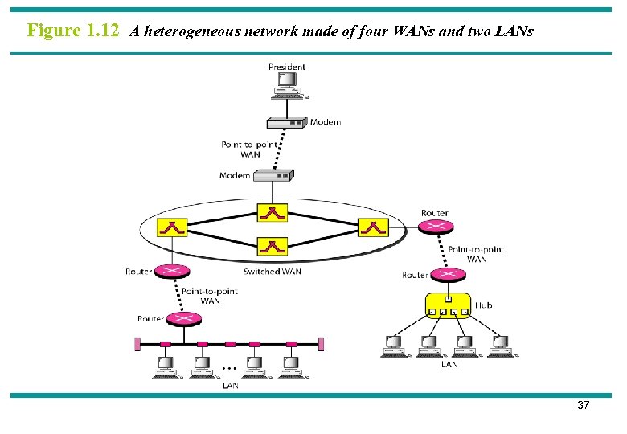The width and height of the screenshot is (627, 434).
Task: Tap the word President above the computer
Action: pos(287,68)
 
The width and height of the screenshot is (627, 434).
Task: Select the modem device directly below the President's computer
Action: pos(287,123)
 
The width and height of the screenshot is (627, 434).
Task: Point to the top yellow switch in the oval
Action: pos(273,213)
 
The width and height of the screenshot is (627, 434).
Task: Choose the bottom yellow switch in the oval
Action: pos(273,246)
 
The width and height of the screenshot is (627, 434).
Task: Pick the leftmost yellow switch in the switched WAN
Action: pos(172,228)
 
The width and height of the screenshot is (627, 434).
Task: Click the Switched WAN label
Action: pos(273,272)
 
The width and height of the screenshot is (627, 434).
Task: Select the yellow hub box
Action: pos(448,306)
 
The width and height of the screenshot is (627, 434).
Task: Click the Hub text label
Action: pos(483,305)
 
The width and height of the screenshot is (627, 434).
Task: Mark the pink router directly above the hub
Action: pos(448,275)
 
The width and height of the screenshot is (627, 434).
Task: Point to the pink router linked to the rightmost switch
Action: pos(435,227)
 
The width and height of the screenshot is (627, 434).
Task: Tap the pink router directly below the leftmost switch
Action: pos(170,272)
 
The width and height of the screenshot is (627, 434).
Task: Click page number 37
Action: pos(583,407)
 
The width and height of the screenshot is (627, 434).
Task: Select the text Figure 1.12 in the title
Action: pos(73,31)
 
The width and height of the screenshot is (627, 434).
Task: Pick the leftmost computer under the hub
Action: pos(393,346)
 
